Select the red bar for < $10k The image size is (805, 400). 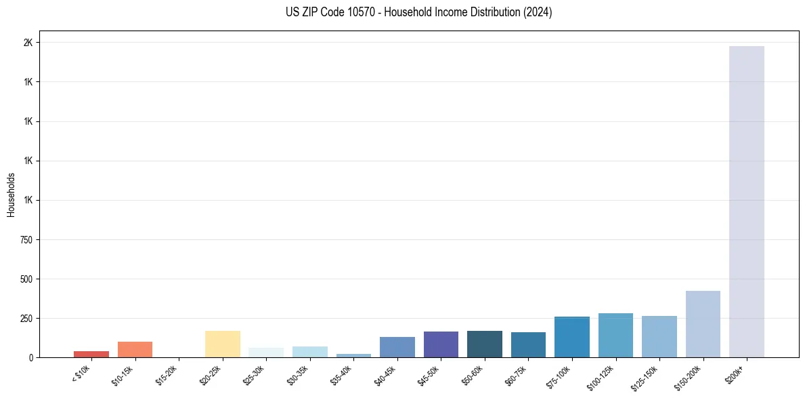click(x=91, y=354)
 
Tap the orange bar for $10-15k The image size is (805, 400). click(x=135, y=349)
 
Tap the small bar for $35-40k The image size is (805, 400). click(x=353, y=355)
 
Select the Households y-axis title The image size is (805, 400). click(x=12, y=195)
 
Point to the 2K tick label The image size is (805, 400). click(x=28, y=43)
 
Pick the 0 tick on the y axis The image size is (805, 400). click(x=30, y=357)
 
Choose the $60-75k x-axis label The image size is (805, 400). click(x=518, y=374)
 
